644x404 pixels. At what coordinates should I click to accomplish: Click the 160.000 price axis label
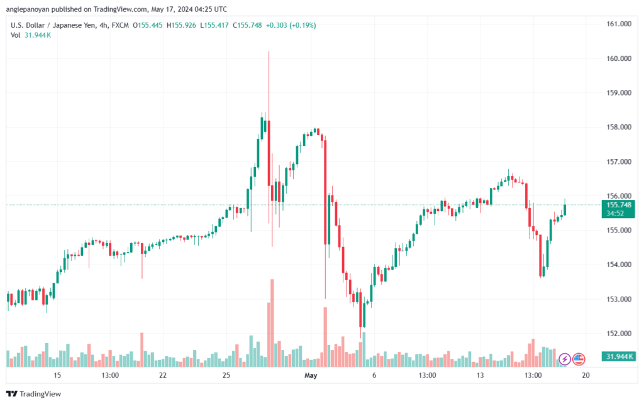tap(619, 58)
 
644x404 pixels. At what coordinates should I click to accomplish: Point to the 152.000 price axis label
tap(619, 333)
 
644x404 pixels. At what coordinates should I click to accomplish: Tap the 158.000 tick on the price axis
tap(619, 127)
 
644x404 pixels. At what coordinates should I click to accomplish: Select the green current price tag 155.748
tap(618, 209)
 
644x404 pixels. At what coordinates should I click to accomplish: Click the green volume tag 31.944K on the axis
tap(618, 356)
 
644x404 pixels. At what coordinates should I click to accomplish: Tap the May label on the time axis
tap(311, 375)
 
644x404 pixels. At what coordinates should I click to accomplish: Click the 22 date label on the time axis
tap(163, 375)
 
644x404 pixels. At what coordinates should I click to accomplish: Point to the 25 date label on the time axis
tap(226, 375)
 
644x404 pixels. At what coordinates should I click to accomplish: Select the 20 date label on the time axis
tap(586, 375)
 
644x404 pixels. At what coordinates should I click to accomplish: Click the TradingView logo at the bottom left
tap(34, 394)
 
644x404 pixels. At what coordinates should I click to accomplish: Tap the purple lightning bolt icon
tap(565, 359)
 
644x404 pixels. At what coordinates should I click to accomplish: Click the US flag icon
tap(579, 359)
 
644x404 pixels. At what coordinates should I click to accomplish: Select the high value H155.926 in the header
tap(181, 25)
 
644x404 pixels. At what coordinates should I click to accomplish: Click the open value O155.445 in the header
tap(147, 25)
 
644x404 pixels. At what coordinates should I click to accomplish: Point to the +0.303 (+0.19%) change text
tap(291, 25)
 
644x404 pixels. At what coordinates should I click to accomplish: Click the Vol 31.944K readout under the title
tap(31, 35)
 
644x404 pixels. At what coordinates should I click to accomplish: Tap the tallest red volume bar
tap(272, 323)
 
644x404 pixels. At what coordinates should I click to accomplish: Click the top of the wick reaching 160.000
tap(269, 52)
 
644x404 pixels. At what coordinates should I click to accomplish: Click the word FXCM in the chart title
tap(120, 25)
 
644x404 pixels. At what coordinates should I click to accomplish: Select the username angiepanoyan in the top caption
tap(28, 9)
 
